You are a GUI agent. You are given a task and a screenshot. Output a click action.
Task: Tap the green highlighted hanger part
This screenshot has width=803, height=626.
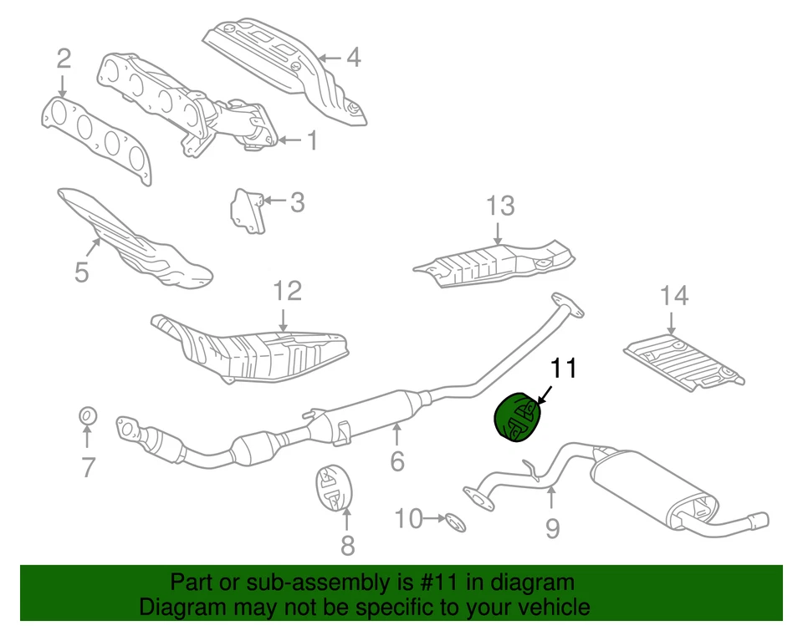click(x=515, y=417)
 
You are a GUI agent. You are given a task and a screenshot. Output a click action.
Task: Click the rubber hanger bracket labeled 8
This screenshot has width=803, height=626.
click(x=336, y=488)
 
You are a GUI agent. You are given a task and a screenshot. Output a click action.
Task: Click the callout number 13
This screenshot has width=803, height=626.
click(x=500, y=206)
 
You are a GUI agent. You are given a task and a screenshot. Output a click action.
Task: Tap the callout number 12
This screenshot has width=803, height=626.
click(x=286, y=291)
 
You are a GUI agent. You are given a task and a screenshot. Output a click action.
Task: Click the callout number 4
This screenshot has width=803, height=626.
click(x=353, y=58)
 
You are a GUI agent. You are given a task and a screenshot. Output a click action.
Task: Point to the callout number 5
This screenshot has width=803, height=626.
click(x=81, y=272)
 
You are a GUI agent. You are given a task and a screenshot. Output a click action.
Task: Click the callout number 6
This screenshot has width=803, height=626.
click(x=396, y=460)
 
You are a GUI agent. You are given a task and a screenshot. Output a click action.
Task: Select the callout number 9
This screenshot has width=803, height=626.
click(x=552, y=527)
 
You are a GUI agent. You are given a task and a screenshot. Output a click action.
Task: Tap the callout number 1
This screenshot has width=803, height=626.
click(x=311, y=140)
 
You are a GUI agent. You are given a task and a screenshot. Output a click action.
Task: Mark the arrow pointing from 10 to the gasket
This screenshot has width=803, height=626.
click(x=434, y=519)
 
